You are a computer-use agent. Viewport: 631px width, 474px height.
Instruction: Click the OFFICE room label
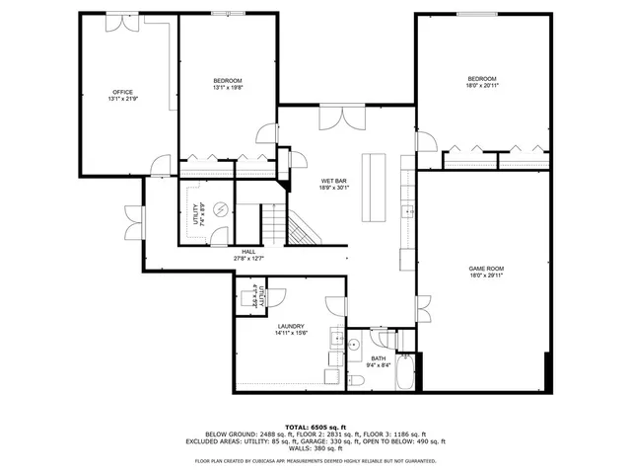click(122, 92)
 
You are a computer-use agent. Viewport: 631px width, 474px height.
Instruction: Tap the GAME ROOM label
click(485, 269)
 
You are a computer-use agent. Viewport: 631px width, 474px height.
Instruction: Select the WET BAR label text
click(334, 181)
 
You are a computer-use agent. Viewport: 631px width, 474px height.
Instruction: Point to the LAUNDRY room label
click(291, 326)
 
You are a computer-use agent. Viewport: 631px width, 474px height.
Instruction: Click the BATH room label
click(379, 358)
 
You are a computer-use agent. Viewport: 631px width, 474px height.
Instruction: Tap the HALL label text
click(249, 253)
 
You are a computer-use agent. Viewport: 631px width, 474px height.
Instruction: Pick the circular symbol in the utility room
click(220, 208)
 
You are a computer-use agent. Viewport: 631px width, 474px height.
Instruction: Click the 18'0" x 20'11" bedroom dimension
click(482, 86)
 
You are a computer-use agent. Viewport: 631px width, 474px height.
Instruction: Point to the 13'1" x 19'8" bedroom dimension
click(227, 87)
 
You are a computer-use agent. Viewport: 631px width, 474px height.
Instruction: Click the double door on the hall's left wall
click(133, 218)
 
